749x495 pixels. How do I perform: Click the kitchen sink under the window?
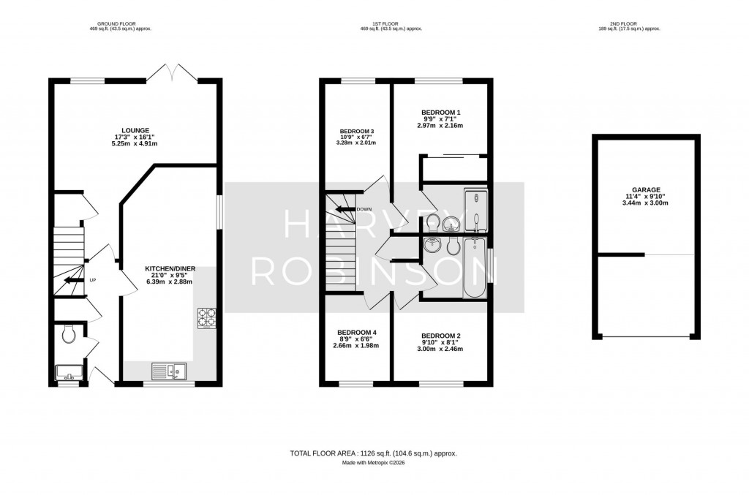[x=169, y=371]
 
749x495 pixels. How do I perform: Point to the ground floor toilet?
[x=69, y=334]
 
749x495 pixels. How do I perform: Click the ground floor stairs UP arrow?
[x=72, y=280]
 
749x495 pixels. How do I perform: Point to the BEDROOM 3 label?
[x=356, y=131]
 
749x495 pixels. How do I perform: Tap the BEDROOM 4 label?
[x=355, y=332]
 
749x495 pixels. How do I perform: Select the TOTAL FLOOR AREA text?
[x=374, y=453]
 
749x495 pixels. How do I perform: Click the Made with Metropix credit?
[x=374, y=464]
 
